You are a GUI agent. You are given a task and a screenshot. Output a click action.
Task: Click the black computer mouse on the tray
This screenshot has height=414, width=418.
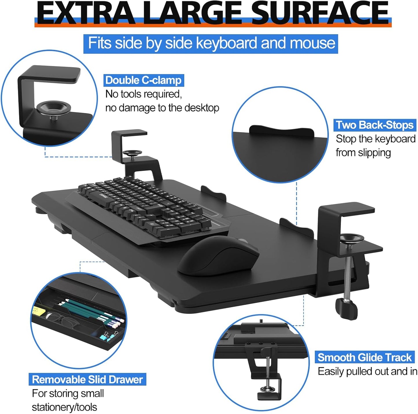(218, 255)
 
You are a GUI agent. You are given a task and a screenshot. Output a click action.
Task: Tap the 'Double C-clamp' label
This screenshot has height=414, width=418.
(143, 80)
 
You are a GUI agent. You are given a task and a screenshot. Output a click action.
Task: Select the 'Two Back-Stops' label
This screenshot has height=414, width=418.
(375, 125)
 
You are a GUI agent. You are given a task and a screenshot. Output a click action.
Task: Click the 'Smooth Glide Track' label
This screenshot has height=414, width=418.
(364, 357)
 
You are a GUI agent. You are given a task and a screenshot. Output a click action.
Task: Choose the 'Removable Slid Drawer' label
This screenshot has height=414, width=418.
(87, 379)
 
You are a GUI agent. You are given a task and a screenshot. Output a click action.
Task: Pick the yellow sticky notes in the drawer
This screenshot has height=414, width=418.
(39, 311)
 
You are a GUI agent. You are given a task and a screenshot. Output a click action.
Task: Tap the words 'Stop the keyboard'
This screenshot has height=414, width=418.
(375, 139)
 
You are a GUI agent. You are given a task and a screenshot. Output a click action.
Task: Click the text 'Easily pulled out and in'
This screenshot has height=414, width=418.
(367, 371)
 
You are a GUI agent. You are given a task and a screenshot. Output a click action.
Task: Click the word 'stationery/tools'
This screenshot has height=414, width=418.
(64, 407)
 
